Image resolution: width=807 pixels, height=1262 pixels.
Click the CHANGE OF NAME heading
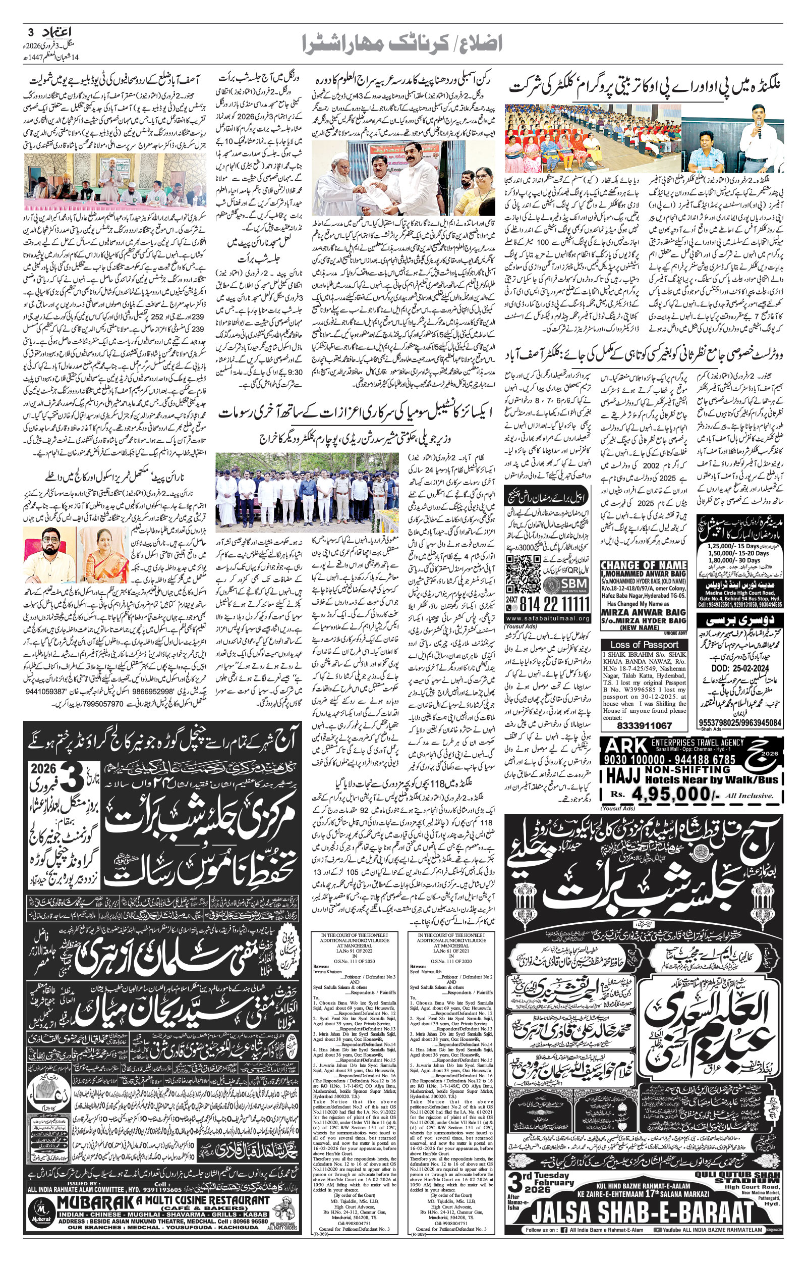click(643, 565)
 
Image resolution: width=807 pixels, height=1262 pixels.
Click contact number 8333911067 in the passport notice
click(644, 725)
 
